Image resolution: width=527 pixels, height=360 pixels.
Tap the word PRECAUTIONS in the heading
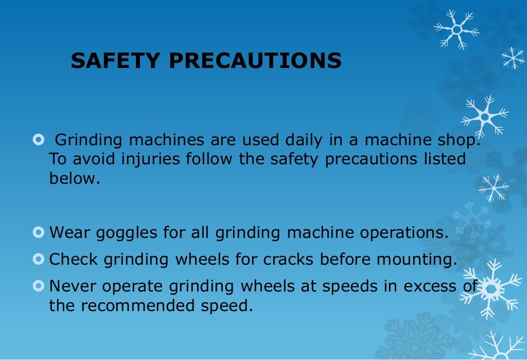255,61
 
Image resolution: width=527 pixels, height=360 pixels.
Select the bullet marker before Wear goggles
38,233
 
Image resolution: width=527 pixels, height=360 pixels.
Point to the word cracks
289,260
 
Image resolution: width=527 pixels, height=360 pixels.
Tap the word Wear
70,233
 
